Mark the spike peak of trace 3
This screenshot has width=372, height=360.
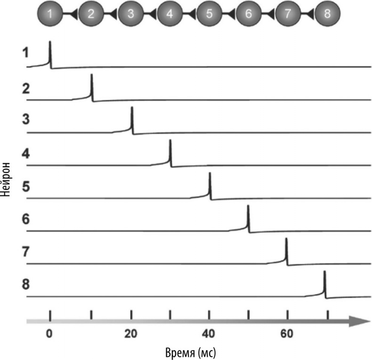(x=132, y=108)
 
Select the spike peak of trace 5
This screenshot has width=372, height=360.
(x=210, y=174)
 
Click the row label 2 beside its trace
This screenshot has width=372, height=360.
(x=26, y=89)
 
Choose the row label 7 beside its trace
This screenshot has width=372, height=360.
(x=26, y=253)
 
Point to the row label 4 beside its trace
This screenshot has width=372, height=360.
(x=26, y=155)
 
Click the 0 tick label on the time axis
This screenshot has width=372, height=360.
(x=49, y=334)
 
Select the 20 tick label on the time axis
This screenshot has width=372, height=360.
(x=131, y=334)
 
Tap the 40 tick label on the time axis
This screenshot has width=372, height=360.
(x=209, y=334)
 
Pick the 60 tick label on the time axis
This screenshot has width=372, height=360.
(x=287, y=334)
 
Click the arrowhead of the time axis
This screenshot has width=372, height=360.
(x=361, y=321)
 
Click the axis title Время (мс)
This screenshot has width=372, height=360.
(x=191, y=352)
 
